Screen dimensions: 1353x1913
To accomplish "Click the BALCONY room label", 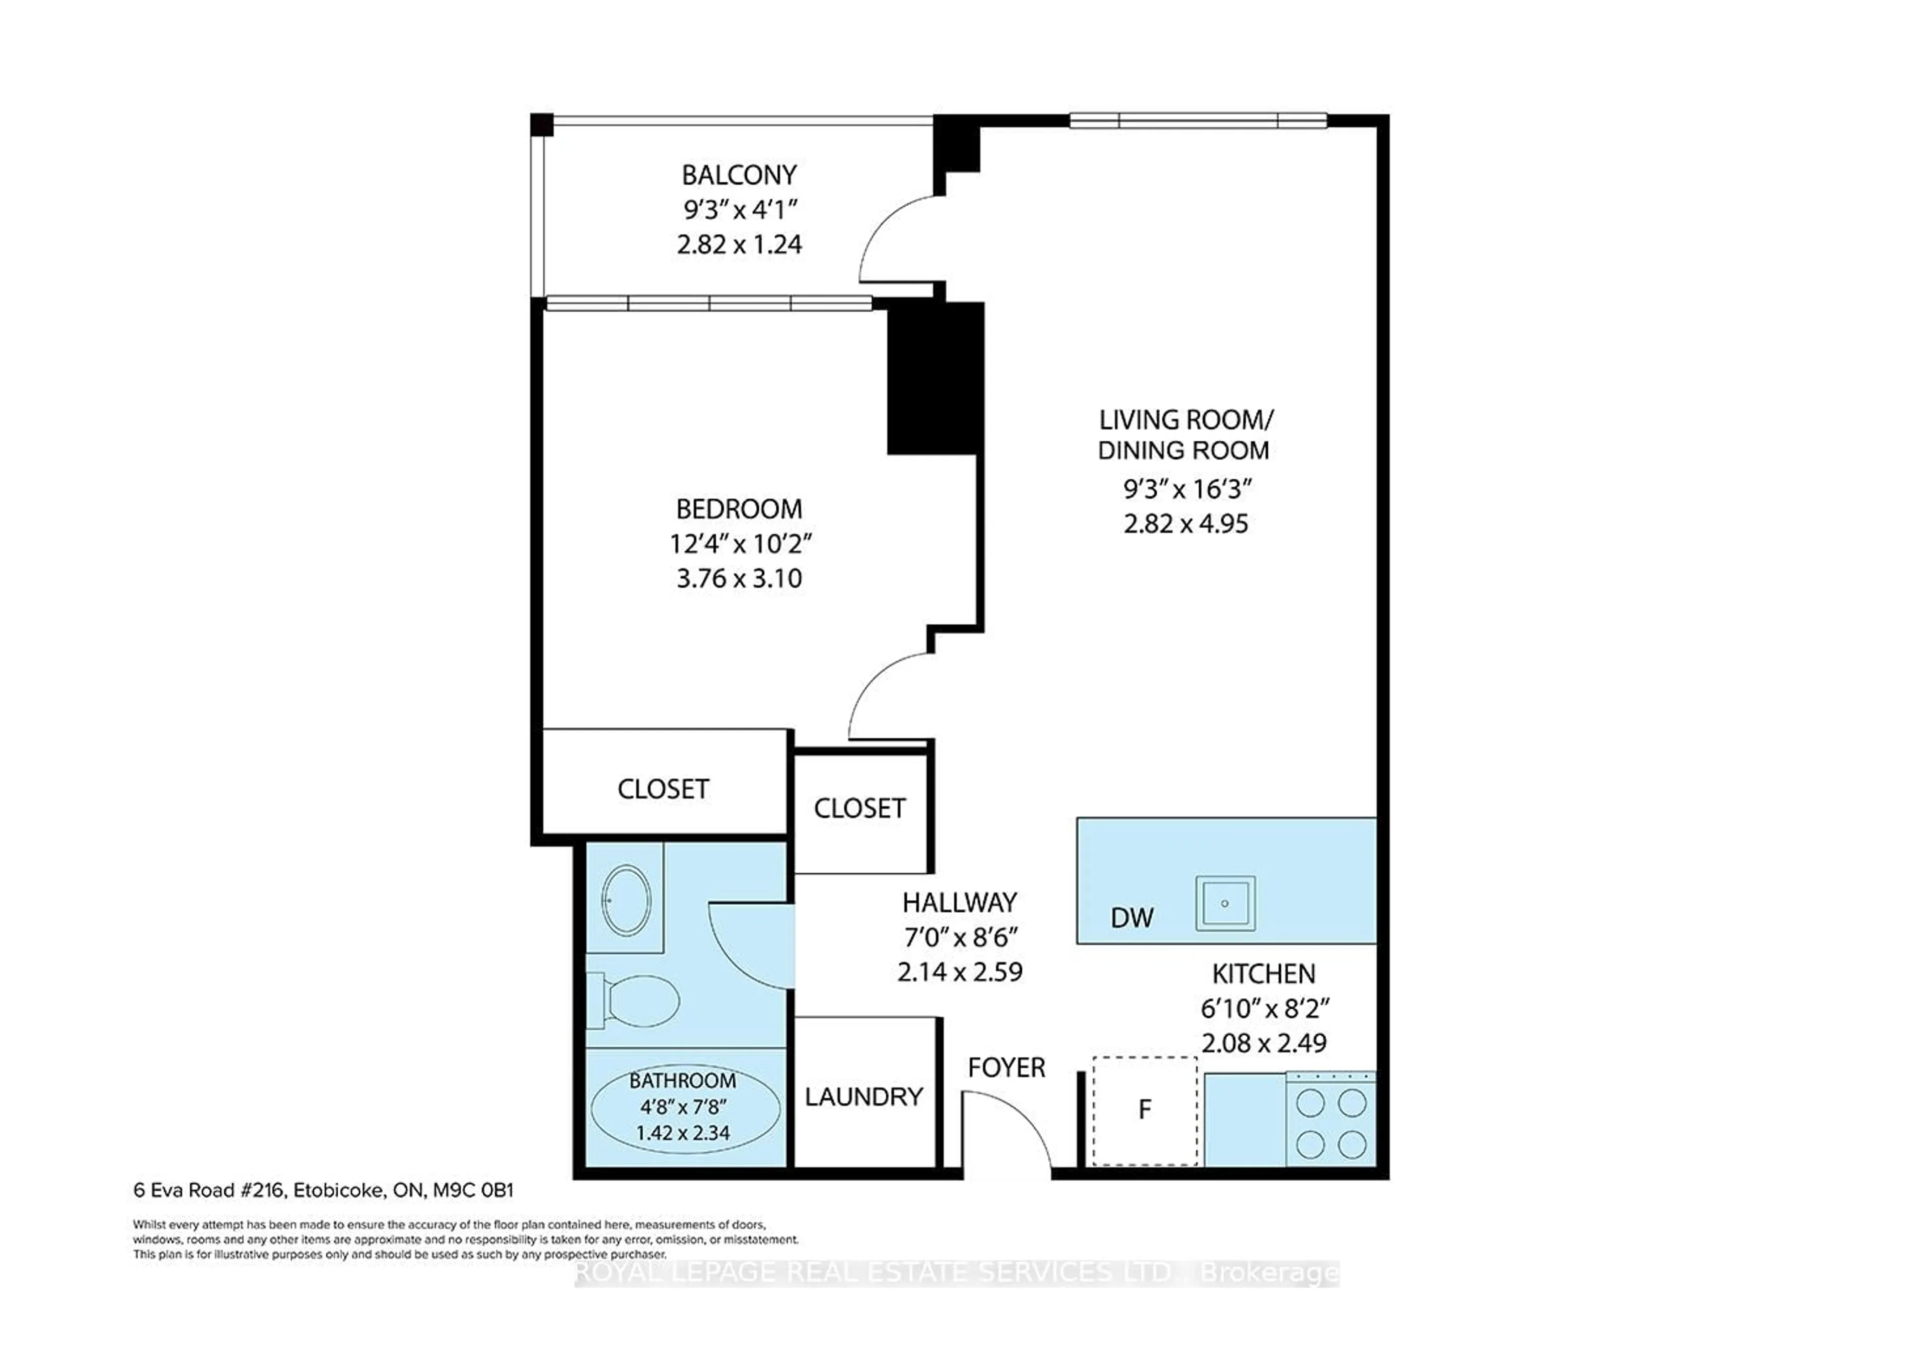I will [739, 175].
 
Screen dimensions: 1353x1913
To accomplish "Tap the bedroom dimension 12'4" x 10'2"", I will [741, 544].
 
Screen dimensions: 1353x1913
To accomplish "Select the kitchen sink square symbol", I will [1225, 903].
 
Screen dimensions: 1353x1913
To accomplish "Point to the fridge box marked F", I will [1145, 1110].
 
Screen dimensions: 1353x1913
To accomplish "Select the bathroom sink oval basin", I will [627, 901].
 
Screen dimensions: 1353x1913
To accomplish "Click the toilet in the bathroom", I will [637, 1001].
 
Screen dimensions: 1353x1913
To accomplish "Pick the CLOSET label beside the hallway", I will [859, 808].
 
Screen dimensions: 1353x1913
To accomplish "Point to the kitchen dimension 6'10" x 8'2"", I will [1264, 1009].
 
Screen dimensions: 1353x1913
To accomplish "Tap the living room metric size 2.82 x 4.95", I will [1186, 524].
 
